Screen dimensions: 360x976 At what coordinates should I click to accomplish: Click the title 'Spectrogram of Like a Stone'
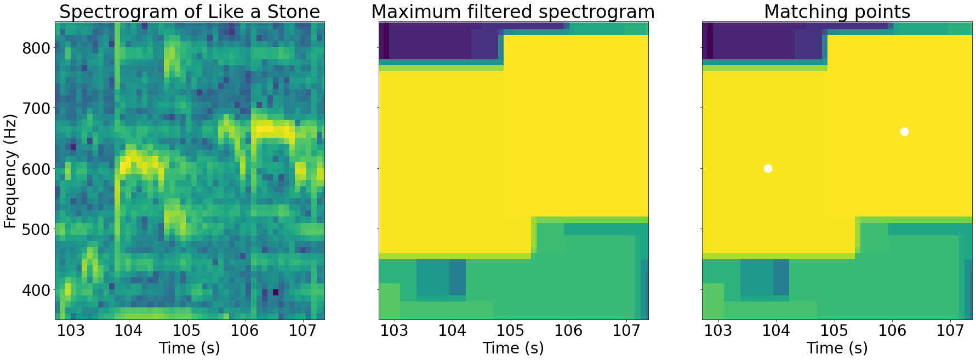pos(189,12)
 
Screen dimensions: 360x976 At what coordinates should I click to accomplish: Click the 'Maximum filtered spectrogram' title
pos(513,12)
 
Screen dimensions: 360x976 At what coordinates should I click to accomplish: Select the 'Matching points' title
pos(837,12)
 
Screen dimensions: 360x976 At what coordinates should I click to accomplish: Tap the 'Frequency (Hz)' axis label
pos(10,171)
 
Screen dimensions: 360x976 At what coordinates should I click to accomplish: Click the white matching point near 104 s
pos(768,168)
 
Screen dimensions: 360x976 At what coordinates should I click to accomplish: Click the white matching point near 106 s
pos(904,132)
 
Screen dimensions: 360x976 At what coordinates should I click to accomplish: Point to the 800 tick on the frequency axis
pos(36,48)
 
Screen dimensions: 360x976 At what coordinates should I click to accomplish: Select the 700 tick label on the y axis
pos(36,108)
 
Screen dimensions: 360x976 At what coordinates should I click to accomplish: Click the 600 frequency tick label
pos(36,169)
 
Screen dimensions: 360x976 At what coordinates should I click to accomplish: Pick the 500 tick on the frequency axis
pos(36,230)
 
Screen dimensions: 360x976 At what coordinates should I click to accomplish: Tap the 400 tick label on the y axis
pos(36,290)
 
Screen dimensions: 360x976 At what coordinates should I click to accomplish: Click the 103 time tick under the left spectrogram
pos(71,330)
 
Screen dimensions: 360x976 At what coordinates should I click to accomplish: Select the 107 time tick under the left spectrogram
pos(302,330)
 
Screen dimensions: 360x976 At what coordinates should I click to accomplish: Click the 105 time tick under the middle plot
pos(510,330)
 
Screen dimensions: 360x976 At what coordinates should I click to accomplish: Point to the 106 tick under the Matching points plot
pos(892,330)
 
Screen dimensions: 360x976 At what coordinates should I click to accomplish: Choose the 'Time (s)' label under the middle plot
pos(513,348)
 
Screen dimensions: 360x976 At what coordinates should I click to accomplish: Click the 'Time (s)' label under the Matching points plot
pos(837,348)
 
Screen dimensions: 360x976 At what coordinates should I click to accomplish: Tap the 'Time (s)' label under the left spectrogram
pos(189,348)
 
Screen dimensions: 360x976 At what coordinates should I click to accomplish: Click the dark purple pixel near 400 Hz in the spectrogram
pos(276,292)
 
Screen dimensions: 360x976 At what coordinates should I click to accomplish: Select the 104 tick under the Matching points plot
pos(776,330)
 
